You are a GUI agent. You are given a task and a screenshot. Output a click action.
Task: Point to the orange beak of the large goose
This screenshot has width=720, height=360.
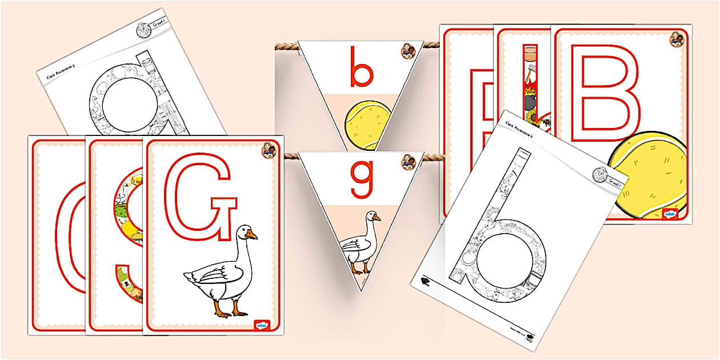pyautogui.click(x=251, y=235)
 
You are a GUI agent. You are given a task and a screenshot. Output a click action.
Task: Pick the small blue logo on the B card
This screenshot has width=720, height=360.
pyautogui.click(x=670, y=214)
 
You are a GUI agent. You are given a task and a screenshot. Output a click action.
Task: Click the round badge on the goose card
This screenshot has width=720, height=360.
pyautogui.click(x=269, y=151)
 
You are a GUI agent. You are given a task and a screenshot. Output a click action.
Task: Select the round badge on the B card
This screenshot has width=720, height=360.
pyautogui.click(x=677, y=39)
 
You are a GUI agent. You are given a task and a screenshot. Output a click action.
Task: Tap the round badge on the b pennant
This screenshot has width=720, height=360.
pyautogui.click(x=408, y=51)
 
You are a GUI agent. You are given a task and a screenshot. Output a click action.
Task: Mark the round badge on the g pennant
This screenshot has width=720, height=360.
pyautogui.click(x=408, y=162)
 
